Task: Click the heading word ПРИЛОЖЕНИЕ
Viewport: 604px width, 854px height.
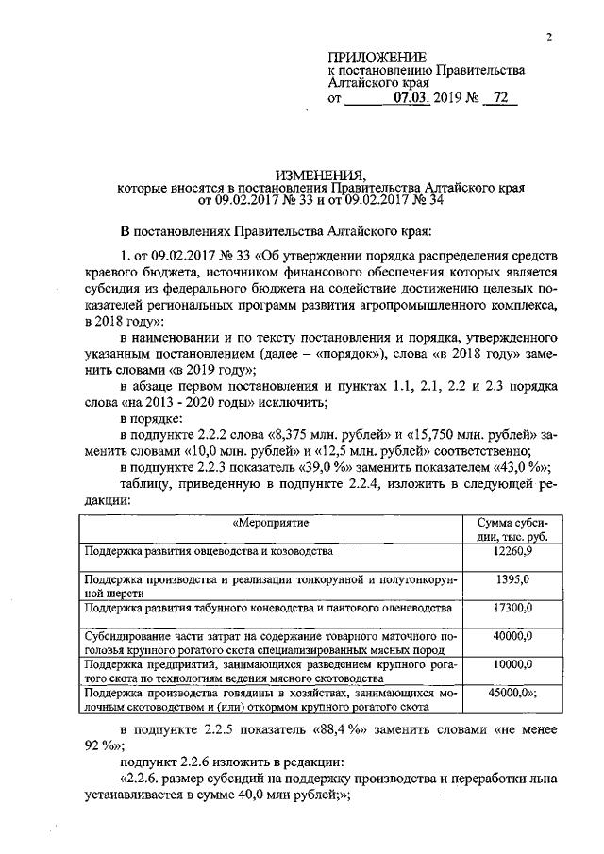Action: tap(377, 58)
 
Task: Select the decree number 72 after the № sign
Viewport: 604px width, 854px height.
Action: tap(500, 97)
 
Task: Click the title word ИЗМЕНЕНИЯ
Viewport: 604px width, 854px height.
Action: tap(320, 175)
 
